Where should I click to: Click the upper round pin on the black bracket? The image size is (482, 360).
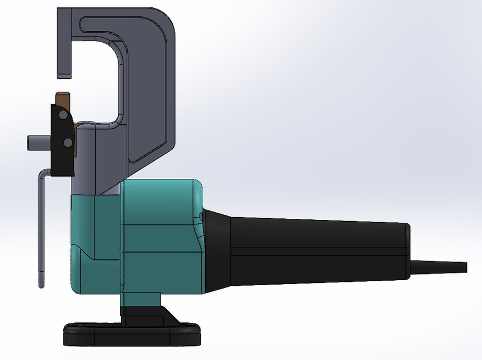[x=64, y=115]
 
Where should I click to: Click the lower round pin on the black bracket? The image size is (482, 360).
[x=68, y=142]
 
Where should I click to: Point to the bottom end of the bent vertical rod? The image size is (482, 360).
[x=41, y=281]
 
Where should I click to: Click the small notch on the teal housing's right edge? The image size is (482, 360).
[x=200, y=215]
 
